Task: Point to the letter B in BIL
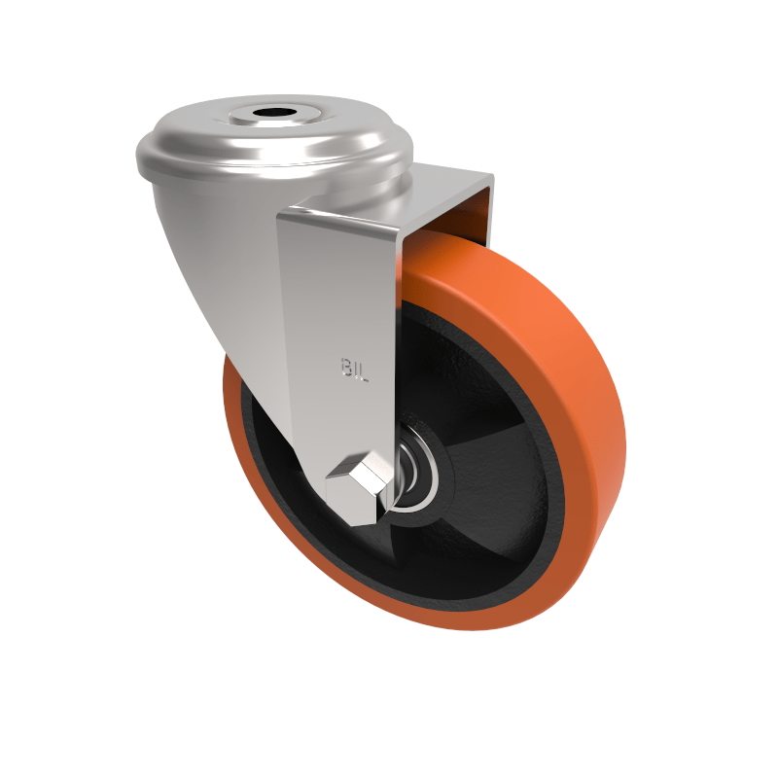click(346, 367)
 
